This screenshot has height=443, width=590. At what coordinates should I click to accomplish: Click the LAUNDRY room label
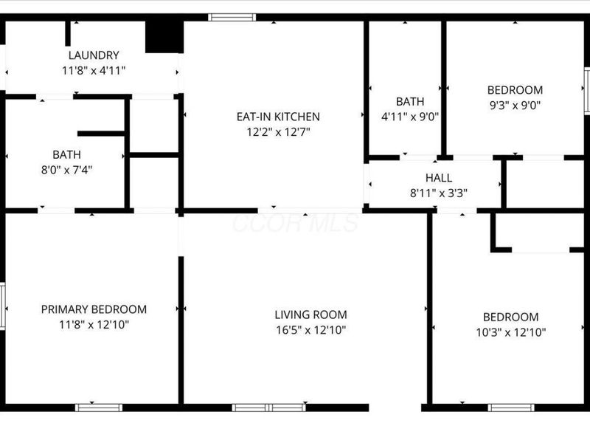93,55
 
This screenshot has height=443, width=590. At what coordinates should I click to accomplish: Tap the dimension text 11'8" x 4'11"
93,71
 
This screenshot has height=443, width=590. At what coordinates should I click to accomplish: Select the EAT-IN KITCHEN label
277,117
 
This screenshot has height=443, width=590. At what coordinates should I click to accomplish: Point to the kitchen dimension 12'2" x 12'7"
277,132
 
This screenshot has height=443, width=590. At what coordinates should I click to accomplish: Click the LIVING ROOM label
310,315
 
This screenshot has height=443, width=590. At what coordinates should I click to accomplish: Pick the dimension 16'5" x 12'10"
310,330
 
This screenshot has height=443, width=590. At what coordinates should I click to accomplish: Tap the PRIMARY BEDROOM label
94,309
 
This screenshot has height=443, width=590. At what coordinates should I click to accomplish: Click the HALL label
439,178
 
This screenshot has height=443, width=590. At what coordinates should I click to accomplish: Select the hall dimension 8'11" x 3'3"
439,193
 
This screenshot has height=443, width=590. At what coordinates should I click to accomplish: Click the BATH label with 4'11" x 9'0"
409,101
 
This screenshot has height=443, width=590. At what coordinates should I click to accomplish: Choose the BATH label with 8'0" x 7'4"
66,155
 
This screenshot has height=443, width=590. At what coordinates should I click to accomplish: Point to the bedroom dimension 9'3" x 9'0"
515,105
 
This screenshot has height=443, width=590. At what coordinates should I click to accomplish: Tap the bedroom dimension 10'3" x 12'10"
511,332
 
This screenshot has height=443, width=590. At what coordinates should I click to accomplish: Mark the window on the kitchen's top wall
232,17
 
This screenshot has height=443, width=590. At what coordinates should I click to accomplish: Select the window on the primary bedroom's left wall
3,306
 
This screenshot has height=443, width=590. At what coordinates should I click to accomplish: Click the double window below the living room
268,408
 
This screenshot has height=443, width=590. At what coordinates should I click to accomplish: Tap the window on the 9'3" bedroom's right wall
587,91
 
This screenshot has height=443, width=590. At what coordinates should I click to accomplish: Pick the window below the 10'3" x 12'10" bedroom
511,408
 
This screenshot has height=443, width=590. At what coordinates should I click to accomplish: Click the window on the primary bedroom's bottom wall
100,408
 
